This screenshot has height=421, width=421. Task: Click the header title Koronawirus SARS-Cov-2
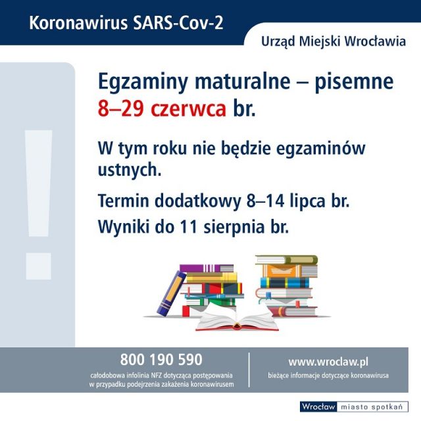coord(126,23)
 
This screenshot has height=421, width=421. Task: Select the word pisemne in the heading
coord(354,82)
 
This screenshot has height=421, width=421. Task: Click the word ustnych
coord(130,170)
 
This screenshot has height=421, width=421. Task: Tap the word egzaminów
coord(320,149)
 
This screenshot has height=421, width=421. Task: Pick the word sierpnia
coord(234,228)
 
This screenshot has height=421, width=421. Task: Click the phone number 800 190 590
coord(161,360)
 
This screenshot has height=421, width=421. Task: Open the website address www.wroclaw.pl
coord(328,362)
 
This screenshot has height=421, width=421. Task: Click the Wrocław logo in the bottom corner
coord(318,407)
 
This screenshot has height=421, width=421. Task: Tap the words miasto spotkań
coord(372,407)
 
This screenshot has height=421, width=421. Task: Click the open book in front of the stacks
coord(237,319)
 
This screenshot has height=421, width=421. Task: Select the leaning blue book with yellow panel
coord(171,293)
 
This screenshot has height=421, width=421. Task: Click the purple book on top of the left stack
coord(206,268)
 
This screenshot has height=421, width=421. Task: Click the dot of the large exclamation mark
coord(38,266)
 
